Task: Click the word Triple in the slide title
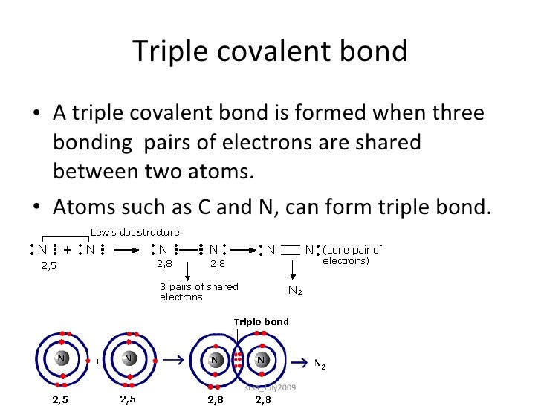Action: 168,51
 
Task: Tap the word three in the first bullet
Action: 452,113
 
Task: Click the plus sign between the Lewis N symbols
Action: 67,250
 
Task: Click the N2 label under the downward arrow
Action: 294,291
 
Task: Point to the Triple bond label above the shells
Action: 262,322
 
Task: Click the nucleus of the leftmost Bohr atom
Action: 62,359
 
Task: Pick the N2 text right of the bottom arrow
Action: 320,364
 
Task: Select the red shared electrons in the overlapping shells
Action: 238,360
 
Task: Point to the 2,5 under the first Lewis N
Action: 48,264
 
